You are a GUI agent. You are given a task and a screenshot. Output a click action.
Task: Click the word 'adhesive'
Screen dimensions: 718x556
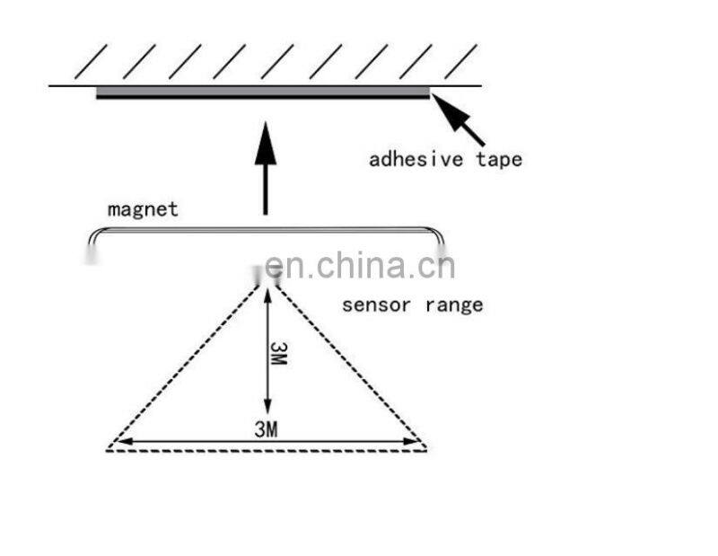[416, 160]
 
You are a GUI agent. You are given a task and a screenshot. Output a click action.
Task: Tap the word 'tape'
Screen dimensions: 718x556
[499, 160]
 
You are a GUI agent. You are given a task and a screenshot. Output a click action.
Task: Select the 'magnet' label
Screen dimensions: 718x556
[143, 210]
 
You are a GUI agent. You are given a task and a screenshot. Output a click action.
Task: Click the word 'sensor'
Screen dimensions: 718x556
[376, 305]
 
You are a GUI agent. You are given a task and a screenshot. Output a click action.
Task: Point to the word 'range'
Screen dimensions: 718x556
[454, 305]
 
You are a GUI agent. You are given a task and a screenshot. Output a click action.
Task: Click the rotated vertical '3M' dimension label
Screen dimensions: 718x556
[278, 353]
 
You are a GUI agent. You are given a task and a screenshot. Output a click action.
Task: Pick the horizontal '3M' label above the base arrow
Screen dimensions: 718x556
[266, 429]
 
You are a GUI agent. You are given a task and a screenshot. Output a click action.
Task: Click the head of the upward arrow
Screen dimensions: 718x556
[266, 143]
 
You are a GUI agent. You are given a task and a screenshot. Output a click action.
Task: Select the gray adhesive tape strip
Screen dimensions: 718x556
[263, 93]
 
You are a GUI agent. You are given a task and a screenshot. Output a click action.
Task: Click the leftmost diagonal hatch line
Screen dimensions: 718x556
[91, 61]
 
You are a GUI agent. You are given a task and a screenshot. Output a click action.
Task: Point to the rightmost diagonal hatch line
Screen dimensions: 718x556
[461, 61]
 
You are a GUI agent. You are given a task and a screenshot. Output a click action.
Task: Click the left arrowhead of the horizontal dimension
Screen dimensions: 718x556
[124, 441]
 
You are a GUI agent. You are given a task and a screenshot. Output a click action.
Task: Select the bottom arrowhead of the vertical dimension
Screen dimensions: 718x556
[267, 405]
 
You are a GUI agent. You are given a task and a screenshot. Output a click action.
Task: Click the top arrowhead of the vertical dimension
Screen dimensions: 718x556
[267, 296]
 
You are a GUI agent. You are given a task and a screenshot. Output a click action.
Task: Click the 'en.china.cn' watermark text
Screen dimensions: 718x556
[360, 265]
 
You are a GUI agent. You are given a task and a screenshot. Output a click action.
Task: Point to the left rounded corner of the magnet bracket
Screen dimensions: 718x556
[95, 234]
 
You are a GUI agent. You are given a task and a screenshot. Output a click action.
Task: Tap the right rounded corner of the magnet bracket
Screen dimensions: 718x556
[437, 234]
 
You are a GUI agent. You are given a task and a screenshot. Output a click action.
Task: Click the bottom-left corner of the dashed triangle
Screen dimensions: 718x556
[107, 450]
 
